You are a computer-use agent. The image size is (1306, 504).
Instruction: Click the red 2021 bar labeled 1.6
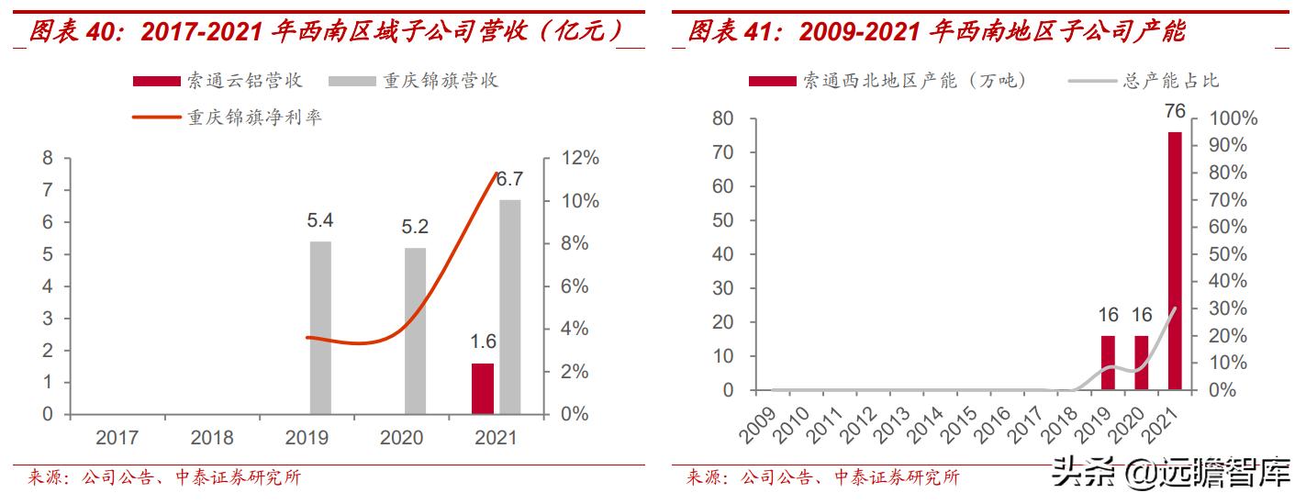click(483, 388)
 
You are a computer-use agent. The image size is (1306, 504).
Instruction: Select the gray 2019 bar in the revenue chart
click(320, 328)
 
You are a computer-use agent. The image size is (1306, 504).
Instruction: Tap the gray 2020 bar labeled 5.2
click(416, 330)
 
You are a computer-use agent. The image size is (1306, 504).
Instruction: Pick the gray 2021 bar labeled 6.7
click(509, 307)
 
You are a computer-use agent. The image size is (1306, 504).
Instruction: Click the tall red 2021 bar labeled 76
click(1175, 261)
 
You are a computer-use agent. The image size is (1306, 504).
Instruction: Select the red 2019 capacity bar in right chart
click(1108, 363)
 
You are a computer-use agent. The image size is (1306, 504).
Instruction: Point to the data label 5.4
click(320, 221)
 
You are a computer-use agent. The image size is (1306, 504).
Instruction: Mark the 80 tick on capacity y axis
click(721, 118)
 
